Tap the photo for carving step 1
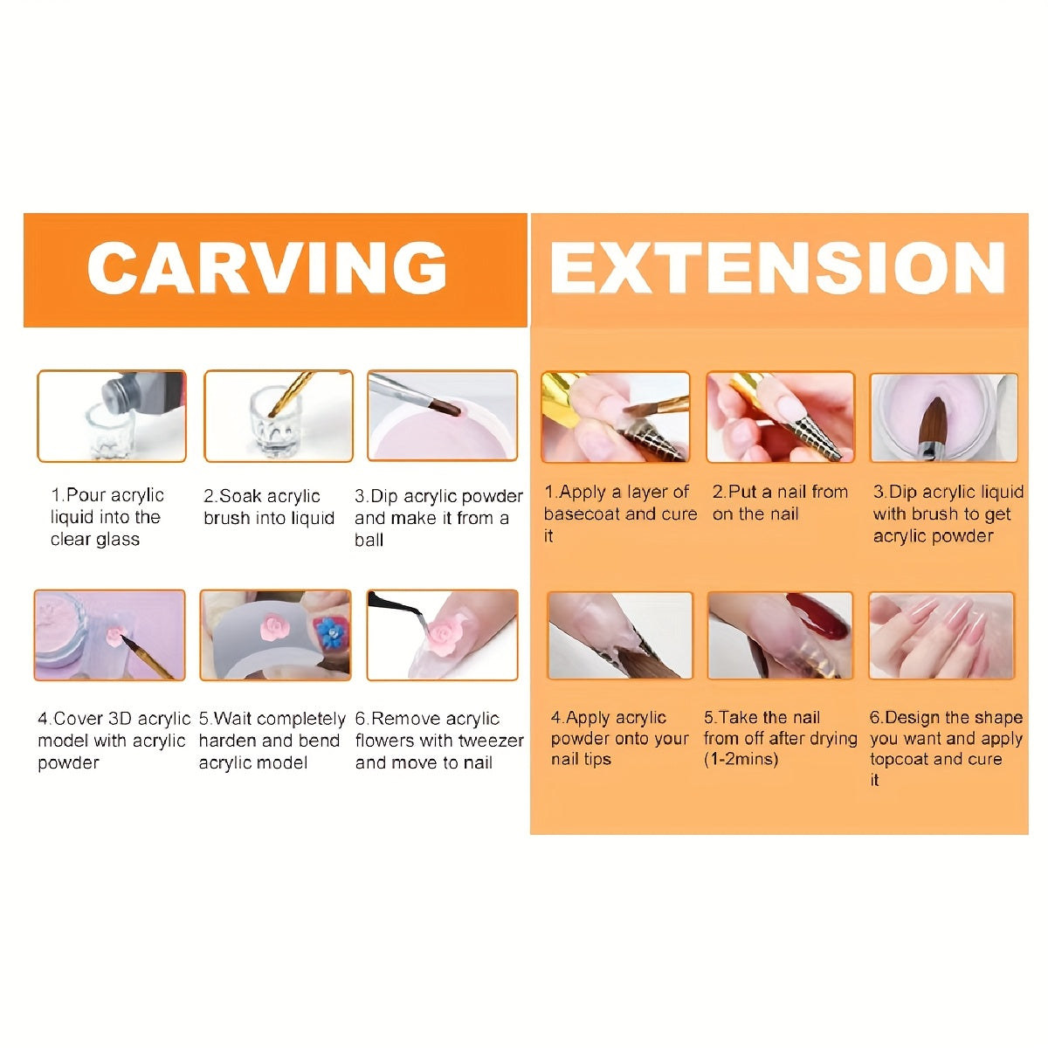click(112, 416)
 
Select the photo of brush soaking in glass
click(279, 416)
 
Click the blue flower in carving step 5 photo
click(328, 631)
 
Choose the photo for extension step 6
click(941, 635)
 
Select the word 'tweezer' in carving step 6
click(490, 741)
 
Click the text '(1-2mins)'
click(741, 759)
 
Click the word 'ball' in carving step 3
click(369, 540)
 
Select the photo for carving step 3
click(443, 416)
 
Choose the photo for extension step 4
click(620, 635)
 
